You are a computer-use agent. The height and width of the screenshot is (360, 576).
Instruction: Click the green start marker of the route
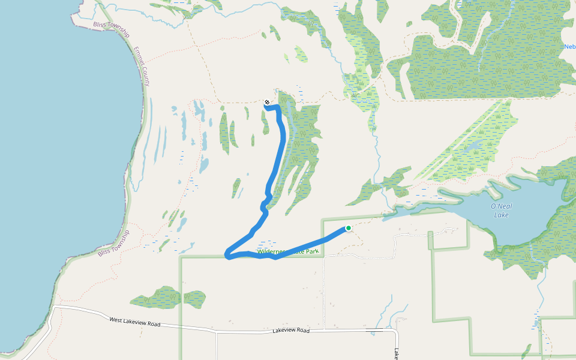click(x=348, y=228)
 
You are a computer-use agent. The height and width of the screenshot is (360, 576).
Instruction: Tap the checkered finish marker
click(x=267, y=102)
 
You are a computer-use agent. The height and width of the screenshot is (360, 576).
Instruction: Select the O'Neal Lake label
click(x=501, y=210)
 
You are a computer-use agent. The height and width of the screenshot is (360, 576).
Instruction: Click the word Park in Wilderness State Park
click(x=311, y=252)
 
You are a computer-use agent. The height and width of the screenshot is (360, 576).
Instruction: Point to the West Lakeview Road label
click(x=135, y=322)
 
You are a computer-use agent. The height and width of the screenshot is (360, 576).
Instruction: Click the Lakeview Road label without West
click(x=290, y=331)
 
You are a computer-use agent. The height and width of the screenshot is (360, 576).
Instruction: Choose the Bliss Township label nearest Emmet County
click(x=112, y=29)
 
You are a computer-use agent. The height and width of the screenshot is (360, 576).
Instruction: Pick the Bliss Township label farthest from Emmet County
click(x=113, y=244)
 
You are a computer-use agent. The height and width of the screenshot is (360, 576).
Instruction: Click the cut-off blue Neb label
click(x=569, y=47)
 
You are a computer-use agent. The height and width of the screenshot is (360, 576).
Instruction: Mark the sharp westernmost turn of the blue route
click(x=226, y=256)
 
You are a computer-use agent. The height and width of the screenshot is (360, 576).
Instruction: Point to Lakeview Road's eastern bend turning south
click(x=396, y=331)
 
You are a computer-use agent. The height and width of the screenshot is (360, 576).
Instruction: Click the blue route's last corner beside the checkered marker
click(x=278, y=107)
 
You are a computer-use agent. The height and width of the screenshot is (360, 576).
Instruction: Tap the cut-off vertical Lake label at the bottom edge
click(x=397, y=354)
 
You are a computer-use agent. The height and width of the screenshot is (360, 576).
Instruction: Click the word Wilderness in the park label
click(x=271, y=252)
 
